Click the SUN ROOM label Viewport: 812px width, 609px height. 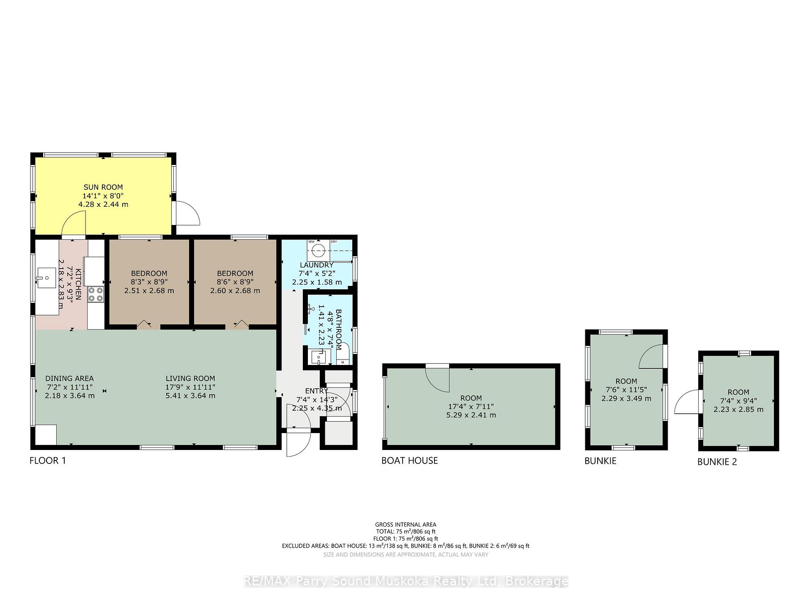(x=103, y=187)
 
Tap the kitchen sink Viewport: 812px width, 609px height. (x=46, y=278)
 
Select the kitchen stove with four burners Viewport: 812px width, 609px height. (x=96, y=294)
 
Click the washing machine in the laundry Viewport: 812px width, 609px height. (x=318, y=250)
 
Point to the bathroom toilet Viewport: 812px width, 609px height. (x=343, y=355)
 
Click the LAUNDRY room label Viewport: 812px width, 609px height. (x=317, y=265)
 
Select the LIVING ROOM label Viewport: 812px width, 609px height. (x=190, y=379)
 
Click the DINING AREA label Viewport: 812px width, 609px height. (x=69, y=379)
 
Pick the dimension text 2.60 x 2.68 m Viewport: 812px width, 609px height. (x=235, y=291)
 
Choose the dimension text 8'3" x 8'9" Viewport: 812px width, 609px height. (x=149, y=282)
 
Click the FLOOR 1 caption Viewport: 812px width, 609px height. (x=48, y=461)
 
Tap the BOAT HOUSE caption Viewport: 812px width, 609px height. (x=410, y=461)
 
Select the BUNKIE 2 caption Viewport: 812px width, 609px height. (x=717, y=462)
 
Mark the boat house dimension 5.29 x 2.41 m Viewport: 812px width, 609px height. (x=471, y=415)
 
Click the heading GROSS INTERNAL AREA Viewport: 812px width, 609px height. (x=406, y=525)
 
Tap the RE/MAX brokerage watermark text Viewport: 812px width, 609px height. (x=406, y=582)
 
